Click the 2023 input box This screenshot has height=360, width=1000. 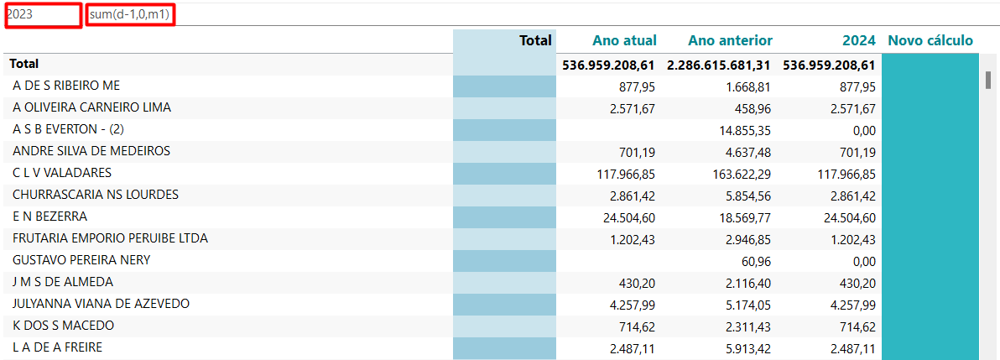click(x=43, y=15)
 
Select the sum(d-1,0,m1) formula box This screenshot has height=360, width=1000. click(x=130, y=15)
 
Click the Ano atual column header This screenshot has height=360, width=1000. click(x=624, y=40)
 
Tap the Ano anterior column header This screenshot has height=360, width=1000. click(x=730, y=40)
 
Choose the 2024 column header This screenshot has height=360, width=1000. click(x=859, y=40)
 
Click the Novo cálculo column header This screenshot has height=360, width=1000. click(x=930, y=40)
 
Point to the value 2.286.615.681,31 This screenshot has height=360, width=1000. click(x=719, y=65)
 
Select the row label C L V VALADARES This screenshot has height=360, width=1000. click(x=62, y=173)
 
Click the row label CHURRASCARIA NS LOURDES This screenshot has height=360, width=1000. click(x=96, y=195)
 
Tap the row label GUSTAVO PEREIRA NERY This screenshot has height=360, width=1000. click(x=81, y=260)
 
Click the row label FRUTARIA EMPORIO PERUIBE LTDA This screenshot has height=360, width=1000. click(x=110, y=238)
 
